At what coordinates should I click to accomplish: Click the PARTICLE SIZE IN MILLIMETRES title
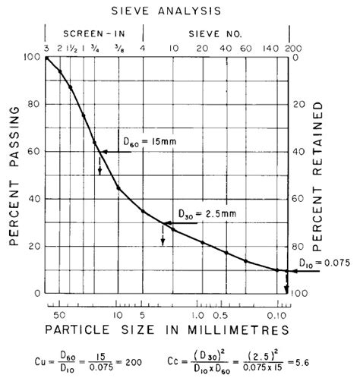[166, 330]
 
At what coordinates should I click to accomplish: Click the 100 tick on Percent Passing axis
[31, 57]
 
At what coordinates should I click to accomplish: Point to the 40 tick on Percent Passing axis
[34, 199]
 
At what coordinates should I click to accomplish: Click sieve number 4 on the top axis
[143, 49]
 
